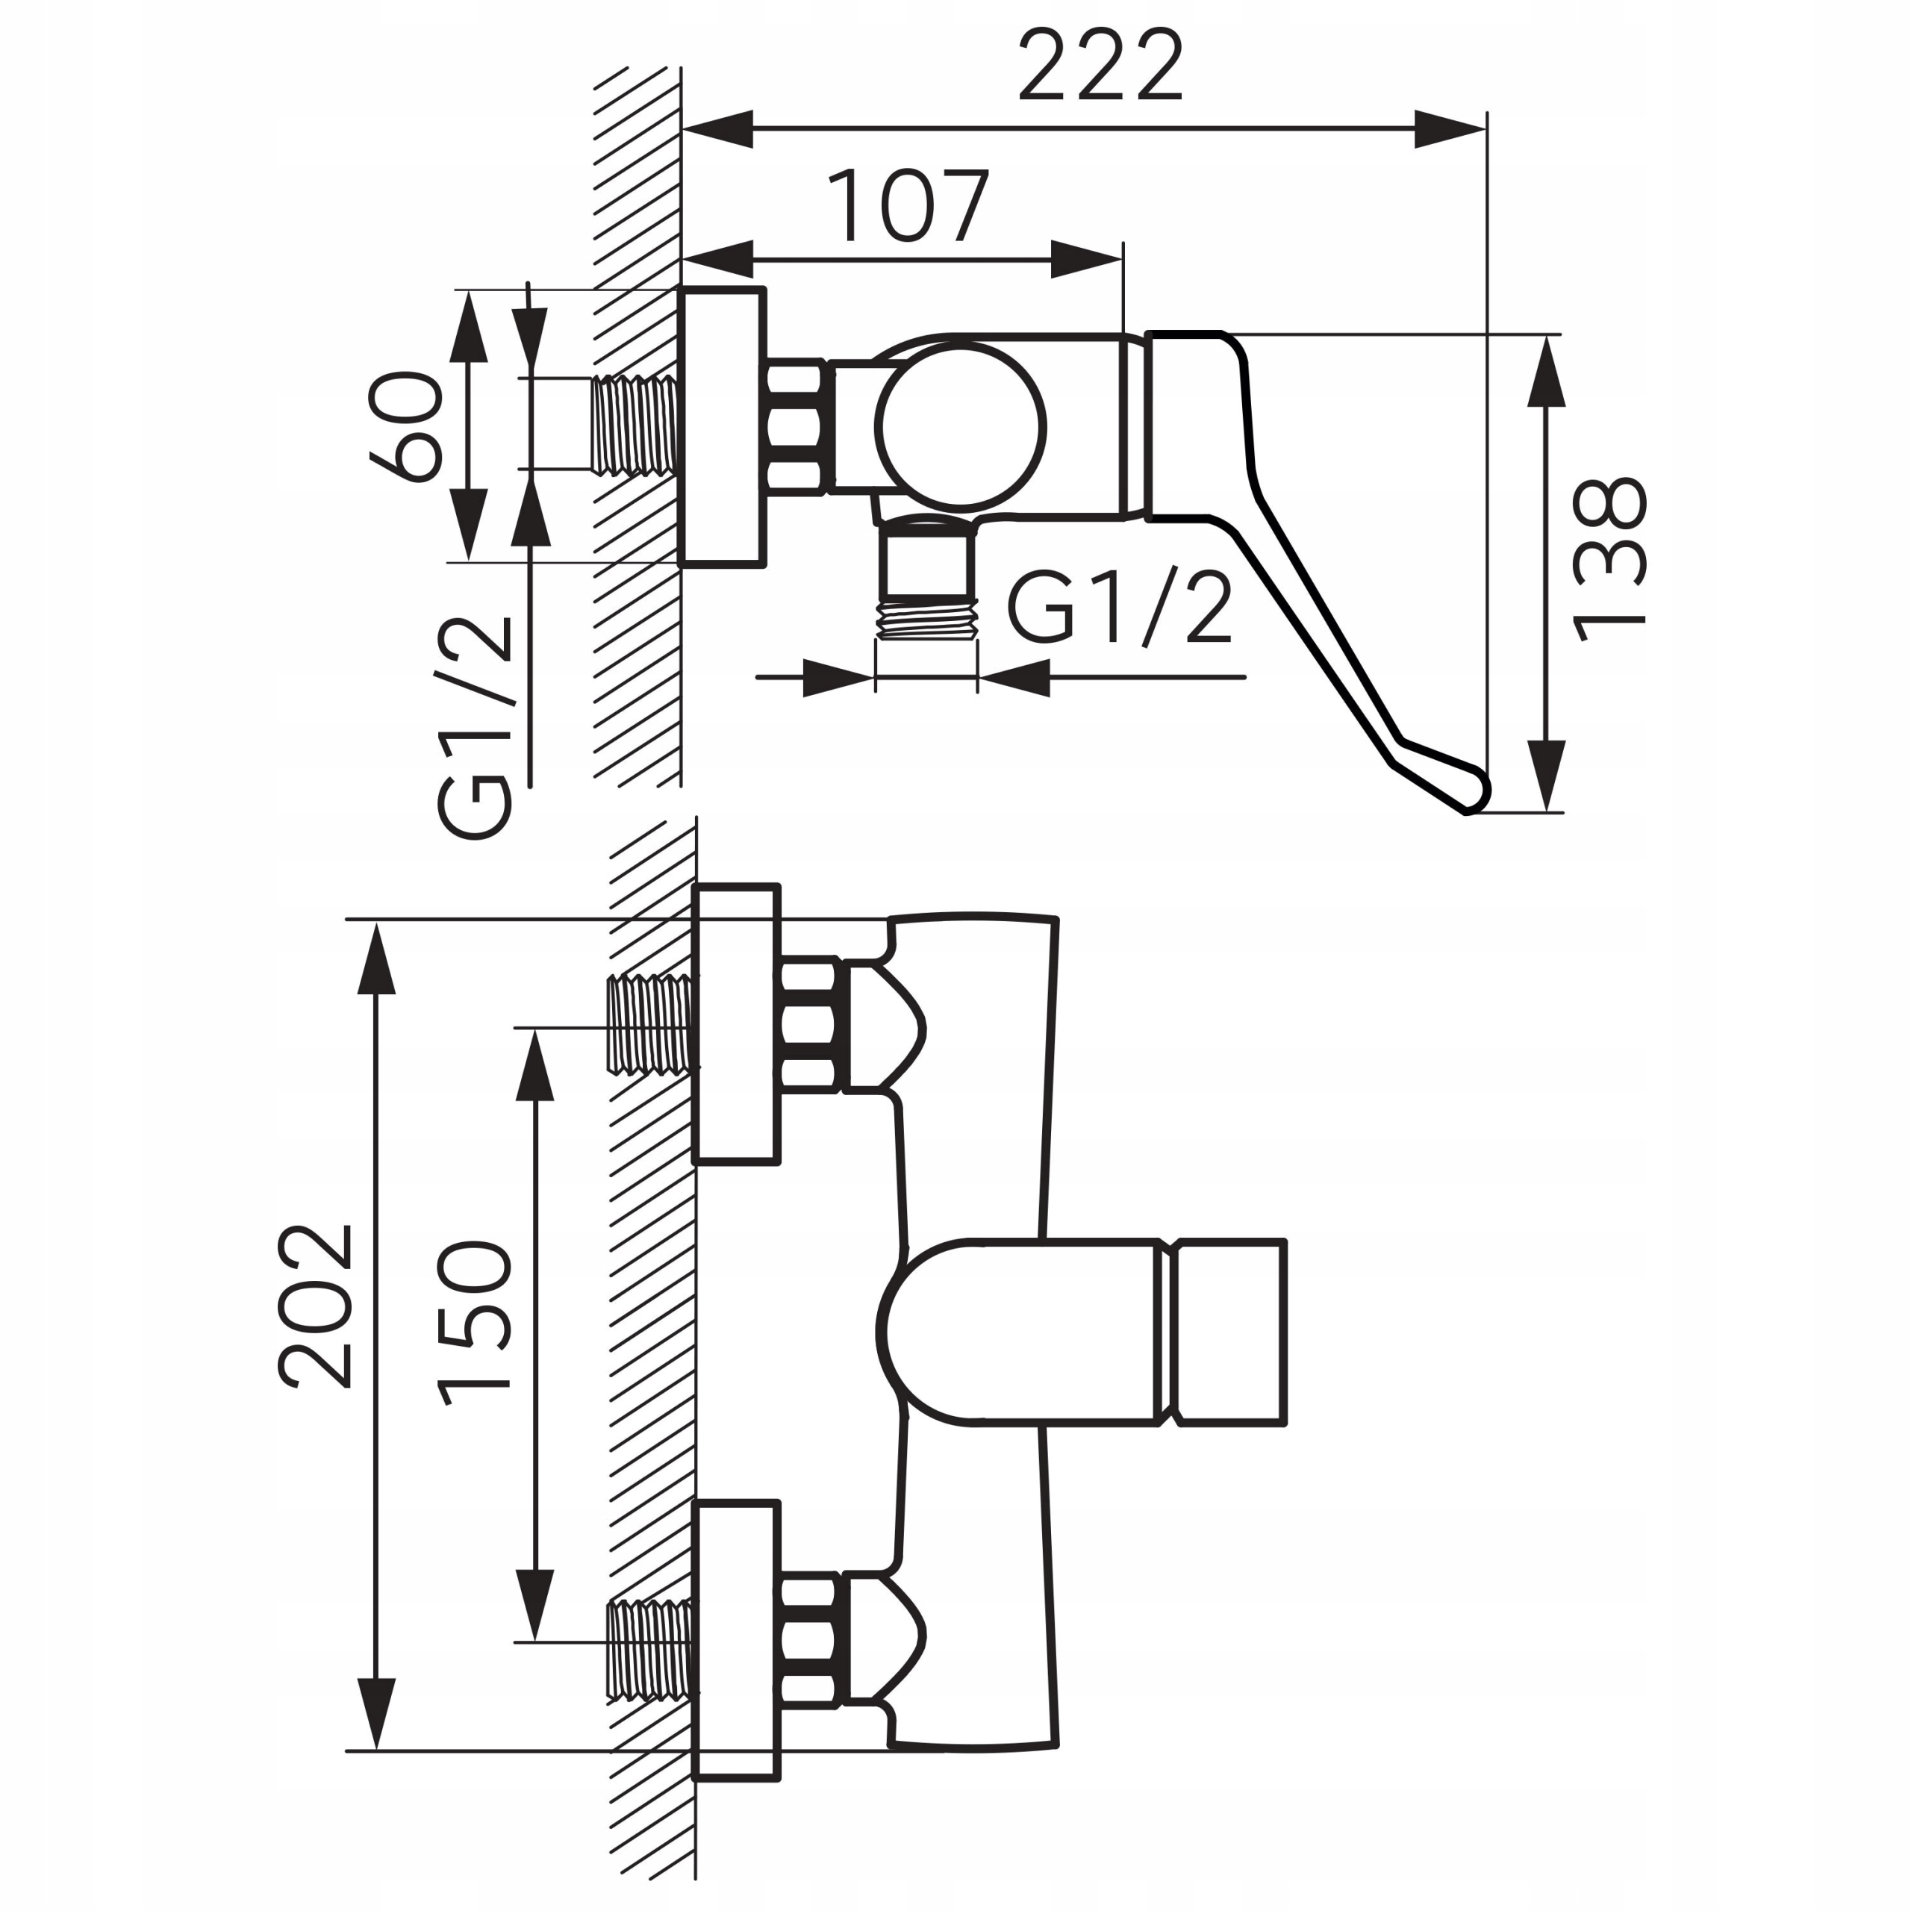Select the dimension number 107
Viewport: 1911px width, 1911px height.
pos(907,207)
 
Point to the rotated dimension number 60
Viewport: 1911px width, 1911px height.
pos(405,426)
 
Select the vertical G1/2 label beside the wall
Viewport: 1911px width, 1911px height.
pos(476,727)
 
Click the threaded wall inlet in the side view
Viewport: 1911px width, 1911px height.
pos(636,425)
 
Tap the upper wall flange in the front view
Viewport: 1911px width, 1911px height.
pos(736,1023)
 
